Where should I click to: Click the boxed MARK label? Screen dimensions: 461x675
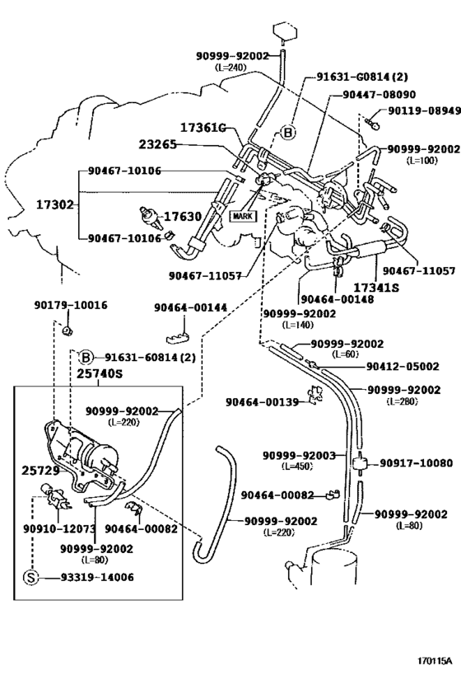(242, 216)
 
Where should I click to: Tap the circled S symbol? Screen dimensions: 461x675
(31, 577)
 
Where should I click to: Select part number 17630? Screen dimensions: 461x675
(183, 216)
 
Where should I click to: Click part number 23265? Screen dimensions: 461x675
(157, 144)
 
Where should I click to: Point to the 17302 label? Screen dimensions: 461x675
(55, 205)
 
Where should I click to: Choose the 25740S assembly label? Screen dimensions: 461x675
(100, 373)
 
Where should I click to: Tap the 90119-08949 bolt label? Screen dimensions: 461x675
(425, 111)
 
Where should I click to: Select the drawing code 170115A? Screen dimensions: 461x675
(435, 661)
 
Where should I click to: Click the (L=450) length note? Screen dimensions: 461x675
(297, 466)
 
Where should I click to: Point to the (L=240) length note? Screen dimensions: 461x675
(230, 67)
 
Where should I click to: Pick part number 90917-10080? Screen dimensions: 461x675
(416, 463)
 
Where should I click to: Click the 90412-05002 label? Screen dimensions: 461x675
(403, 366)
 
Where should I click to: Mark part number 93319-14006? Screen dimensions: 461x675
(97, 577)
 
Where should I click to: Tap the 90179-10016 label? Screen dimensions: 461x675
(71, 305)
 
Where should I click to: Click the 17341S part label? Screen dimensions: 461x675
(376, 288)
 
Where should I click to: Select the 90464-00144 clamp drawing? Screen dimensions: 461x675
(178, 337)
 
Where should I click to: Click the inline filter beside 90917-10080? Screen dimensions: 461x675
(360, 464)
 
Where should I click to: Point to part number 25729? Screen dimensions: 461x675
(40, 471)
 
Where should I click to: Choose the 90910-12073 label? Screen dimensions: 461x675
(59, 528)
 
